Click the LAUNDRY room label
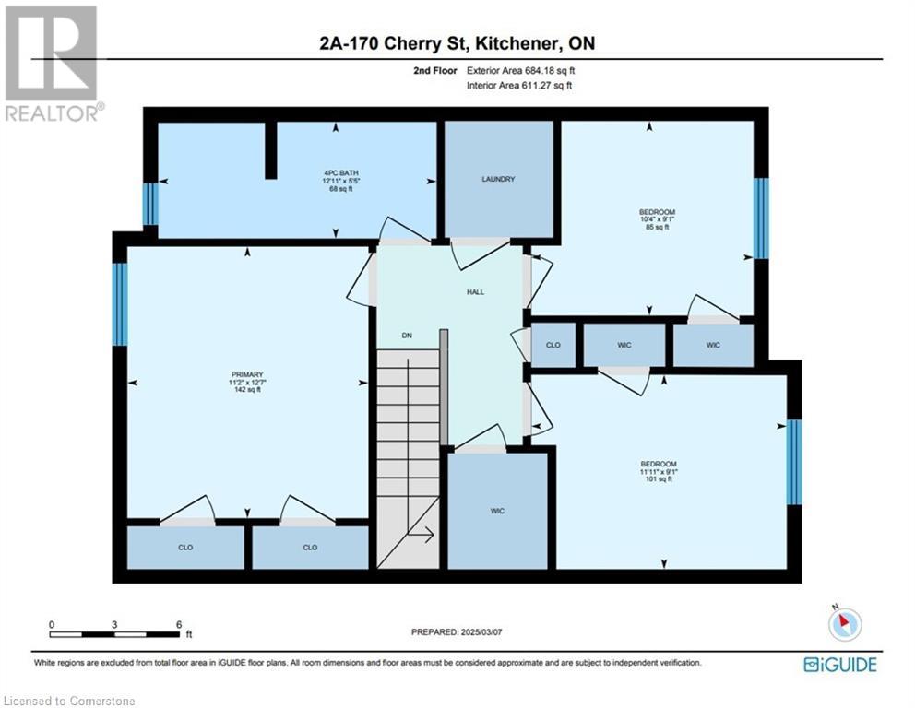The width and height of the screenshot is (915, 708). point(498,179)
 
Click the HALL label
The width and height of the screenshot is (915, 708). point(476,292)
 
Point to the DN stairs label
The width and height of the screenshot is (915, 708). point(407,336)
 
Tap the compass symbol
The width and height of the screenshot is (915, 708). point(844,623)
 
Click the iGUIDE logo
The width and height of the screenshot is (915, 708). point(839,665)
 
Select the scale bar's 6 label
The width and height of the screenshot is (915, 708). point(179,625)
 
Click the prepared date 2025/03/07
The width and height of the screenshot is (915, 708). point(481,632)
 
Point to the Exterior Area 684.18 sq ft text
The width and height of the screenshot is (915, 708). point(520,71)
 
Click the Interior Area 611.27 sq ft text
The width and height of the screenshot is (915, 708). point(519,85)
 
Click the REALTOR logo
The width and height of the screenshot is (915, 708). point(53,65)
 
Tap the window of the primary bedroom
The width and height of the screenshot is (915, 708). point(120,304)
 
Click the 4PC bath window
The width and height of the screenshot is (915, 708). point(150,204)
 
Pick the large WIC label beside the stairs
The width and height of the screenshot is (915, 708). point(497,512)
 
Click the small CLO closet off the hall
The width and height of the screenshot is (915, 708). point(553,346)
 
